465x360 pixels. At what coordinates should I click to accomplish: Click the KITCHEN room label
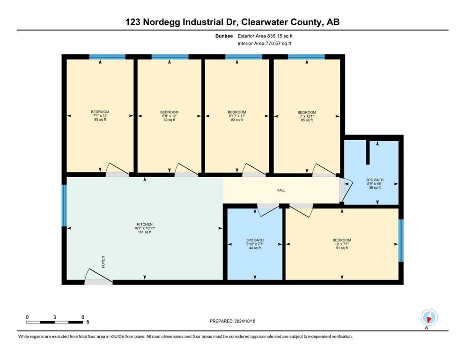pos(145,225)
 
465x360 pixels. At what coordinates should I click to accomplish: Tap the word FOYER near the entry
pos(103,262)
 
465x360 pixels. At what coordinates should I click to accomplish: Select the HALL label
pos(281,190)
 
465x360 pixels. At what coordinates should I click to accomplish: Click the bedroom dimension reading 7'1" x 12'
pos(100,116)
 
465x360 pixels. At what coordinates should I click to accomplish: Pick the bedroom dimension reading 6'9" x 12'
pos(170,116)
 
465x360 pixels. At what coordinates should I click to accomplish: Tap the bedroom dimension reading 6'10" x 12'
pos(237,116)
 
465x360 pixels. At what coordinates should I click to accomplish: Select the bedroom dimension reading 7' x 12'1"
pos(307,116)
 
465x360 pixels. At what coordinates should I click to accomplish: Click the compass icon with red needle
pos(429,317)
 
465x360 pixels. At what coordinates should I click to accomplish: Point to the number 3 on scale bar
pos(55,317)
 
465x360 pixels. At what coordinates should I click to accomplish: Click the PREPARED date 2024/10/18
pos(244,321)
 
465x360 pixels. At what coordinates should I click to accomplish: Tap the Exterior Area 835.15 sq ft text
pos(265,36)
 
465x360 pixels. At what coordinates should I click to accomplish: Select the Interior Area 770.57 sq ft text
pos(264,43)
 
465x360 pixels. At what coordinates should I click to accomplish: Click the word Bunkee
pos(224,36)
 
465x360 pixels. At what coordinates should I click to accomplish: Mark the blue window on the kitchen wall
pos(64,205)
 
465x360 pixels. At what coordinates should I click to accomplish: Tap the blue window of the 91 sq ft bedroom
pos(401,240)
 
